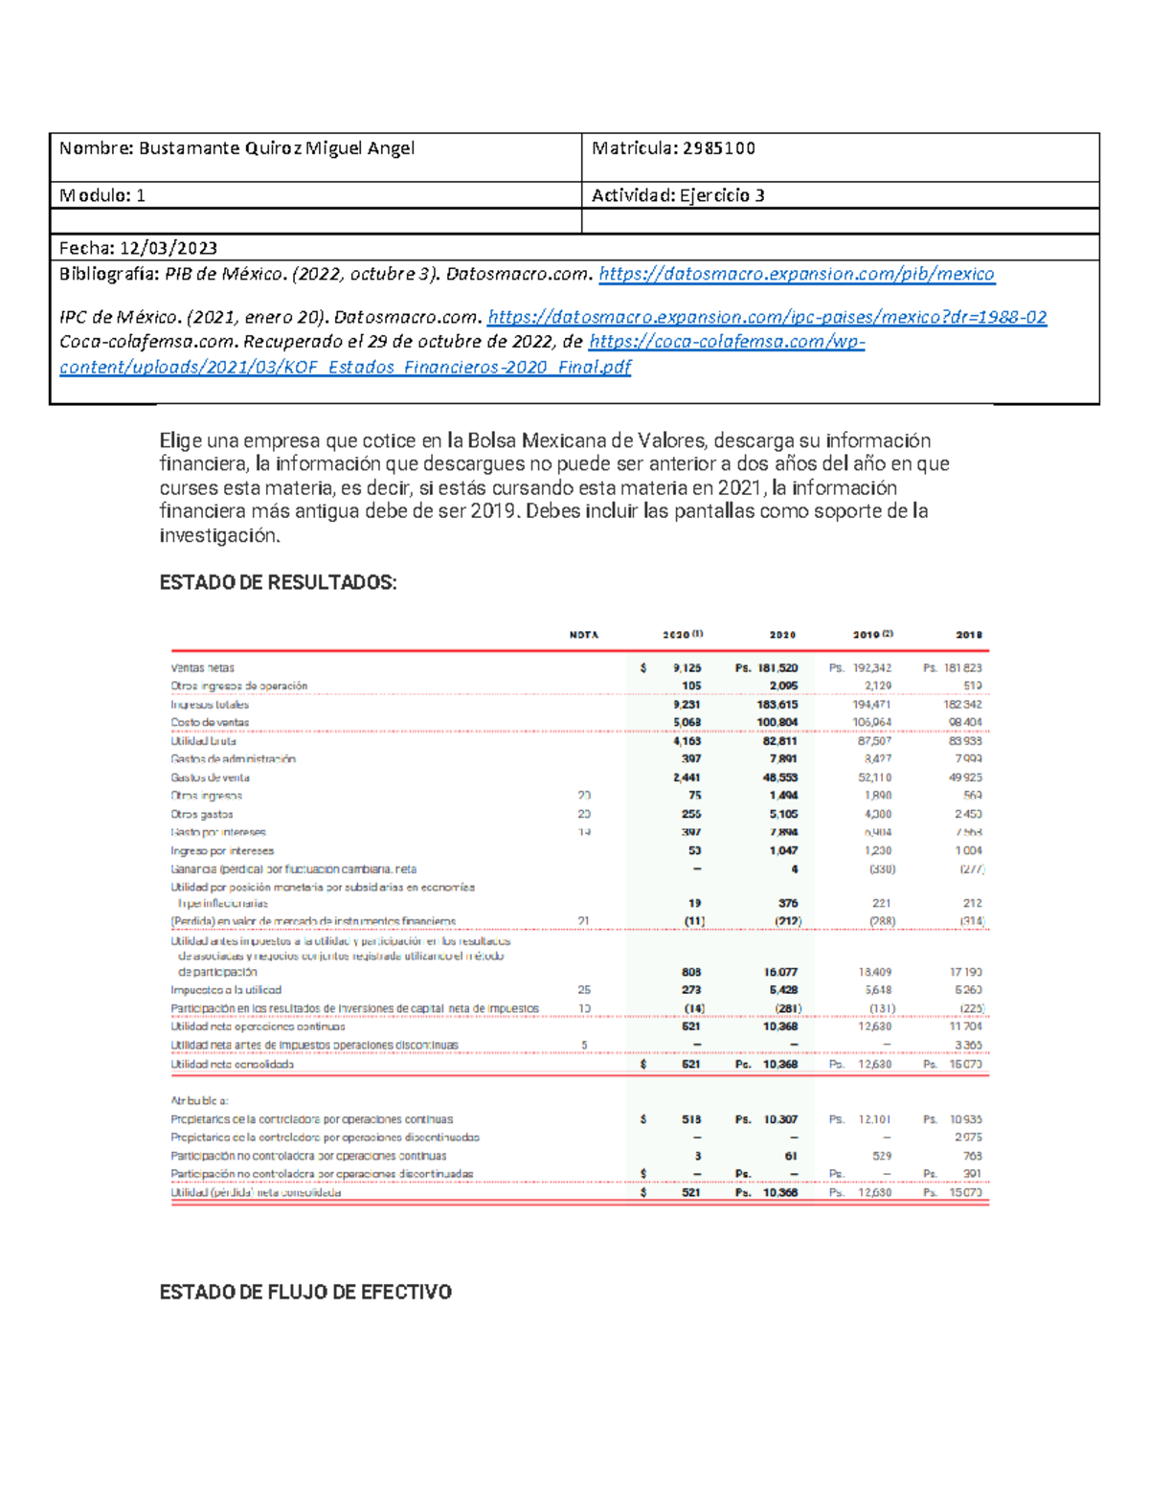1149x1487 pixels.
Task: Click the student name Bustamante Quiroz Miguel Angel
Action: point(277,148)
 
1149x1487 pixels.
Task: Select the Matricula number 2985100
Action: point(718,148)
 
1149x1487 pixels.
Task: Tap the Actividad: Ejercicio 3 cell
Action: point(678,195)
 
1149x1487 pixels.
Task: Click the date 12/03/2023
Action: point(168,248)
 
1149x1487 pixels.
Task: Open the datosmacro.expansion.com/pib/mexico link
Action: point(796,275)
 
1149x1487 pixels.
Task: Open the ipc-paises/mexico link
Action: point(766,317)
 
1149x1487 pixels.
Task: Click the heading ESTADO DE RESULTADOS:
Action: point(278,582)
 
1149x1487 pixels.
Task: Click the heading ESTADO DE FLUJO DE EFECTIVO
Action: point(304,1292)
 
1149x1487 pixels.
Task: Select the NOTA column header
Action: point(584,635)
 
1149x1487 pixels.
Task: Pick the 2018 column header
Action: point(968,635)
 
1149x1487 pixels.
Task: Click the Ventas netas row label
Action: point(202,668)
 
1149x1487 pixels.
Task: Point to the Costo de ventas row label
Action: point(210,723)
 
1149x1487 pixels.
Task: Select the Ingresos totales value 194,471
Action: point(872,705)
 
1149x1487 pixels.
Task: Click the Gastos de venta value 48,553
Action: point(780,777)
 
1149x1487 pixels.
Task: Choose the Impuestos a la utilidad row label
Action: point(226,990)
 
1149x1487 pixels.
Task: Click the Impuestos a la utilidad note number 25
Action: point(584,990)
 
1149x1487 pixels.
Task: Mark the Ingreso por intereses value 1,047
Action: point(782,850)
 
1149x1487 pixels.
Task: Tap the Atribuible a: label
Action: point(199,1101)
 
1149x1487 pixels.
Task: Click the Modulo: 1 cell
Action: point(102,195)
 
